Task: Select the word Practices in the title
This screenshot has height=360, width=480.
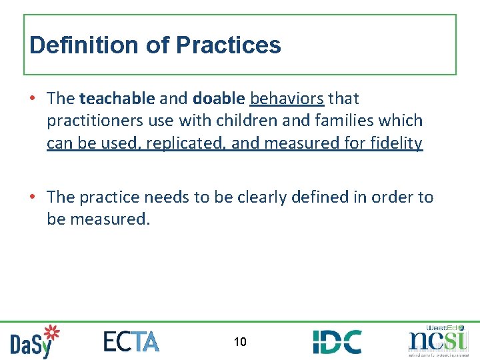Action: pyautogui.click(x=228, y=45)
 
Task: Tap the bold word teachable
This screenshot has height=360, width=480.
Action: pyautogui.click(x=117, y=99)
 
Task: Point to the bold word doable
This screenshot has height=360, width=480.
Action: pyautogui.click(x=219, y=99)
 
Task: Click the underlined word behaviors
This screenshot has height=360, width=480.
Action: pyautogui.click(x=287, y=99)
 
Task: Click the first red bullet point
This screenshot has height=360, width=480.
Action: pyautogui.click(x=33, y=99)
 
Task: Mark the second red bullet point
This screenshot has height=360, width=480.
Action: pyautogui.click(x=33, y=197)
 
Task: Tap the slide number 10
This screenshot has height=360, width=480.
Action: pyautogui.click(x=240, y=342)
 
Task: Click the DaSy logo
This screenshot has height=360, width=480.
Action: pyautogui.click(x=35, y=341)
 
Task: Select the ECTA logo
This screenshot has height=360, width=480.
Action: pyautogui.click(x=131, y=341)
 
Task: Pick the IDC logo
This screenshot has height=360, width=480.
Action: pyautogui.click(x=337, y=342)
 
